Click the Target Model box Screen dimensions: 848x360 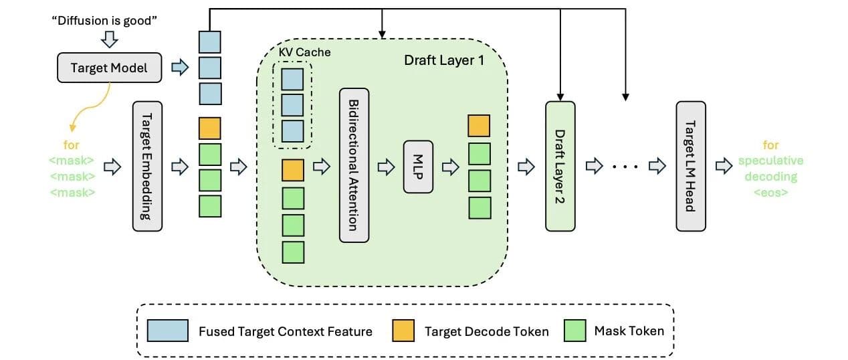110,68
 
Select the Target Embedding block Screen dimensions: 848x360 147,166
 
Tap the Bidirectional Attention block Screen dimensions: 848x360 354,165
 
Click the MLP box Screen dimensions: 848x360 418,167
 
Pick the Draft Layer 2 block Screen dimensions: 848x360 560,166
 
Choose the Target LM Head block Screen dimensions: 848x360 691,166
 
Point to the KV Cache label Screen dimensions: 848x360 304,52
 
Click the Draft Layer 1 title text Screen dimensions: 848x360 444,60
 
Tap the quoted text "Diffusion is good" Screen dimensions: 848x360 104,21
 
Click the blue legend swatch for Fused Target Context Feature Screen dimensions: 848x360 168,331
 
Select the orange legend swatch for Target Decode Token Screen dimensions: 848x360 403,331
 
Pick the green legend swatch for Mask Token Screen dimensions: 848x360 574,331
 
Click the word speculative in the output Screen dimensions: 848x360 771,161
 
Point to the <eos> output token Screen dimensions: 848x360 771,193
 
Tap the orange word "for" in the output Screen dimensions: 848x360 771,145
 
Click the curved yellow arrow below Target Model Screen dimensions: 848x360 90,108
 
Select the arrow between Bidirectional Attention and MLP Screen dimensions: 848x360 386,167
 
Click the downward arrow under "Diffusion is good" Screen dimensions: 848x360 110,39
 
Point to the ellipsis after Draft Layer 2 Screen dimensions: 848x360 625,167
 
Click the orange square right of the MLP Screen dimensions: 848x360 479,126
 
